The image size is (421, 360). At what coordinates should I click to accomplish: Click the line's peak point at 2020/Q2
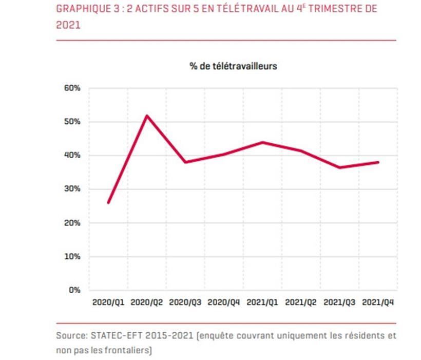pos(147,116)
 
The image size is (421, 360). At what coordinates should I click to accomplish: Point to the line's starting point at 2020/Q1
pos(108,202)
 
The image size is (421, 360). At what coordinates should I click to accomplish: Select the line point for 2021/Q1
pos(262,142)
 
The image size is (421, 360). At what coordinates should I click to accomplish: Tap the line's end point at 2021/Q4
pos(378,162)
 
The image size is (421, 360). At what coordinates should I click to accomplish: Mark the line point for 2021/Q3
pos(339,167)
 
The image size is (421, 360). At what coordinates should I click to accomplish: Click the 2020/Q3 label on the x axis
pos(185,302)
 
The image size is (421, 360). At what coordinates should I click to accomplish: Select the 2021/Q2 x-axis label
pos(301,302)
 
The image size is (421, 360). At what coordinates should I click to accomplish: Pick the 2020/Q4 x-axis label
pos(224,302)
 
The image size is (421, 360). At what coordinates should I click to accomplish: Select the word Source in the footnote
pos(71,336)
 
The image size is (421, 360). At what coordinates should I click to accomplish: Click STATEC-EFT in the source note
pos(116,336)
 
